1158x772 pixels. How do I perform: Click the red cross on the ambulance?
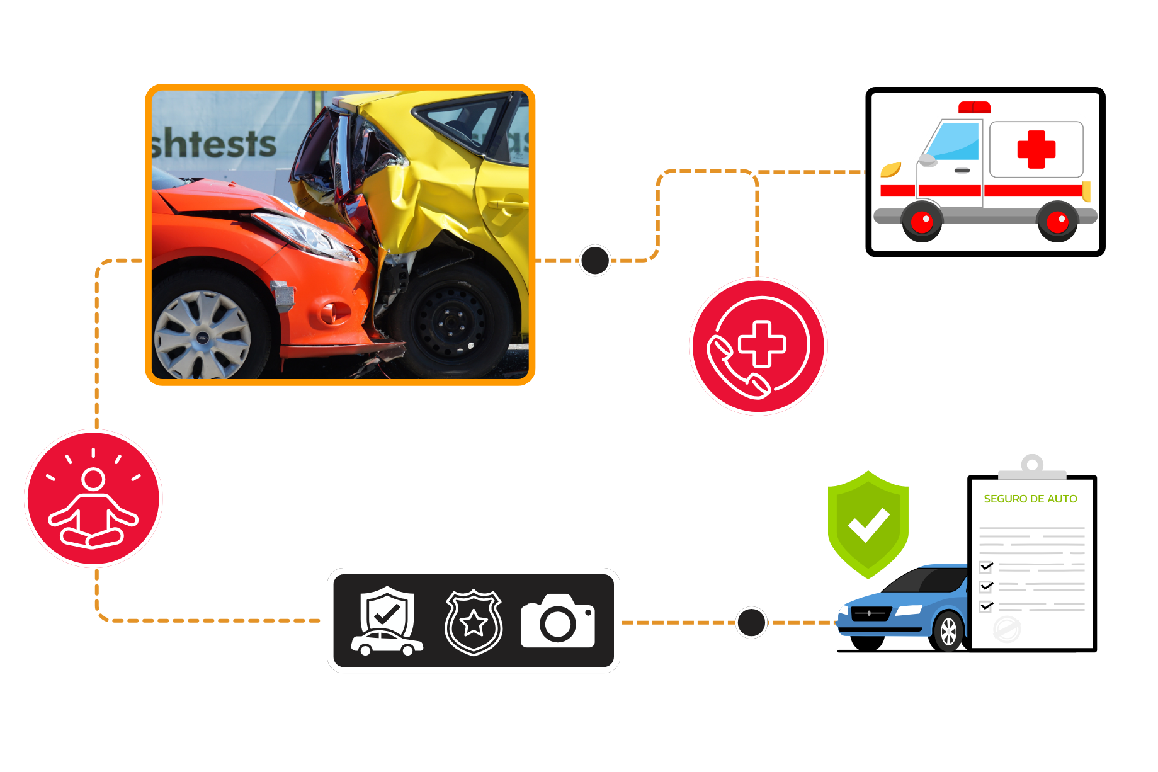pyautogui.click(x=1036, y=149)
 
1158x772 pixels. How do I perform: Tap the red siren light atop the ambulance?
pyautogui.click(x=974, y=107)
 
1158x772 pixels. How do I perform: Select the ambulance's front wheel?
pyautogui.click(x=922, y=221)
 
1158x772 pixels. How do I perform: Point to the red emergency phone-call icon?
pyautogui.click(x=758, y=346)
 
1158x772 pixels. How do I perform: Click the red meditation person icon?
pyautogui.click(x=93, y=499)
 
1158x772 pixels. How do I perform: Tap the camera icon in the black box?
pyautogui.click(x=558, y=622)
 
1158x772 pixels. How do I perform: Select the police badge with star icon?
pyautogui.click(x=474, y=622)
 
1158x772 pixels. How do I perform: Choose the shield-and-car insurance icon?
pyautogui.click(x=387, y=622)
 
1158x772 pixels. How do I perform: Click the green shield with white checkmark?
pyautogui.click(x=868, y=524)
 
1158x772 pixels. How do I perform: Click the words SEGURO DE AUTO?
pyautogui.click(x=1030, y=499)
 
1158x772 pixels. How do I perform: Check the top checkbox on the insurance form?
pyautogui.click(x=986, y=567)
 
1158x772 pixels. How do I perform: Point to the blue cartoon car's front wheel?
pyautogui.click(x=948, y=632)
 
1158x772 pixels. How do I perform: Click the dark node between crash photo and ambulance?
pyautogui.click(x=594, y=260)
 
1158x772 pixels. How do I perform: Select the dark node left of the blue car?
pyautogui.click(x=751, y=622)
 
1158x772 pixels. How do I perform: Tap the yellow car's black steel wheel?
pyautogui.click(x=451, y=321)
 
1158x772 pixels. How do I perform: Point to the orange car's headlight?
pyautogui.click(x=309, y=236)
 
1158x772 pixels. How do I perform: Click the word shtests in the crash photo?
pyautogui.click(x=214, y=144)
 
